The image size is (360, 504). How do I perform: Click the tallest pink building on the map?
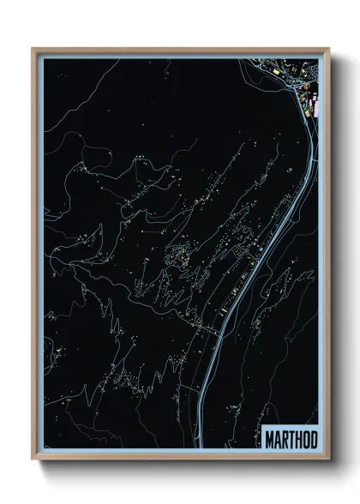316,109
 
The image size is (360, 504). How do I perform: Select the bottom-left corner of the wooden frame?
33,459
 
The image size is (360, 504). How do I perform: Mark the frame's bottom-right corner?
329,459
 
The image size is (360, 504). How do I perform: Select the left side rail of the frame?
35,257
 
